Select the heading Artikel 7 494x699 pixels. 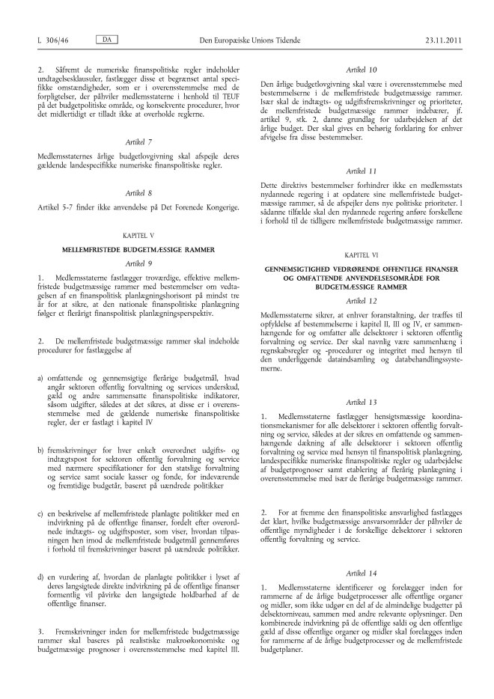(138, 140)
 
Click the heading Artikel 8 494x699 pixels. (138, 191)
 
